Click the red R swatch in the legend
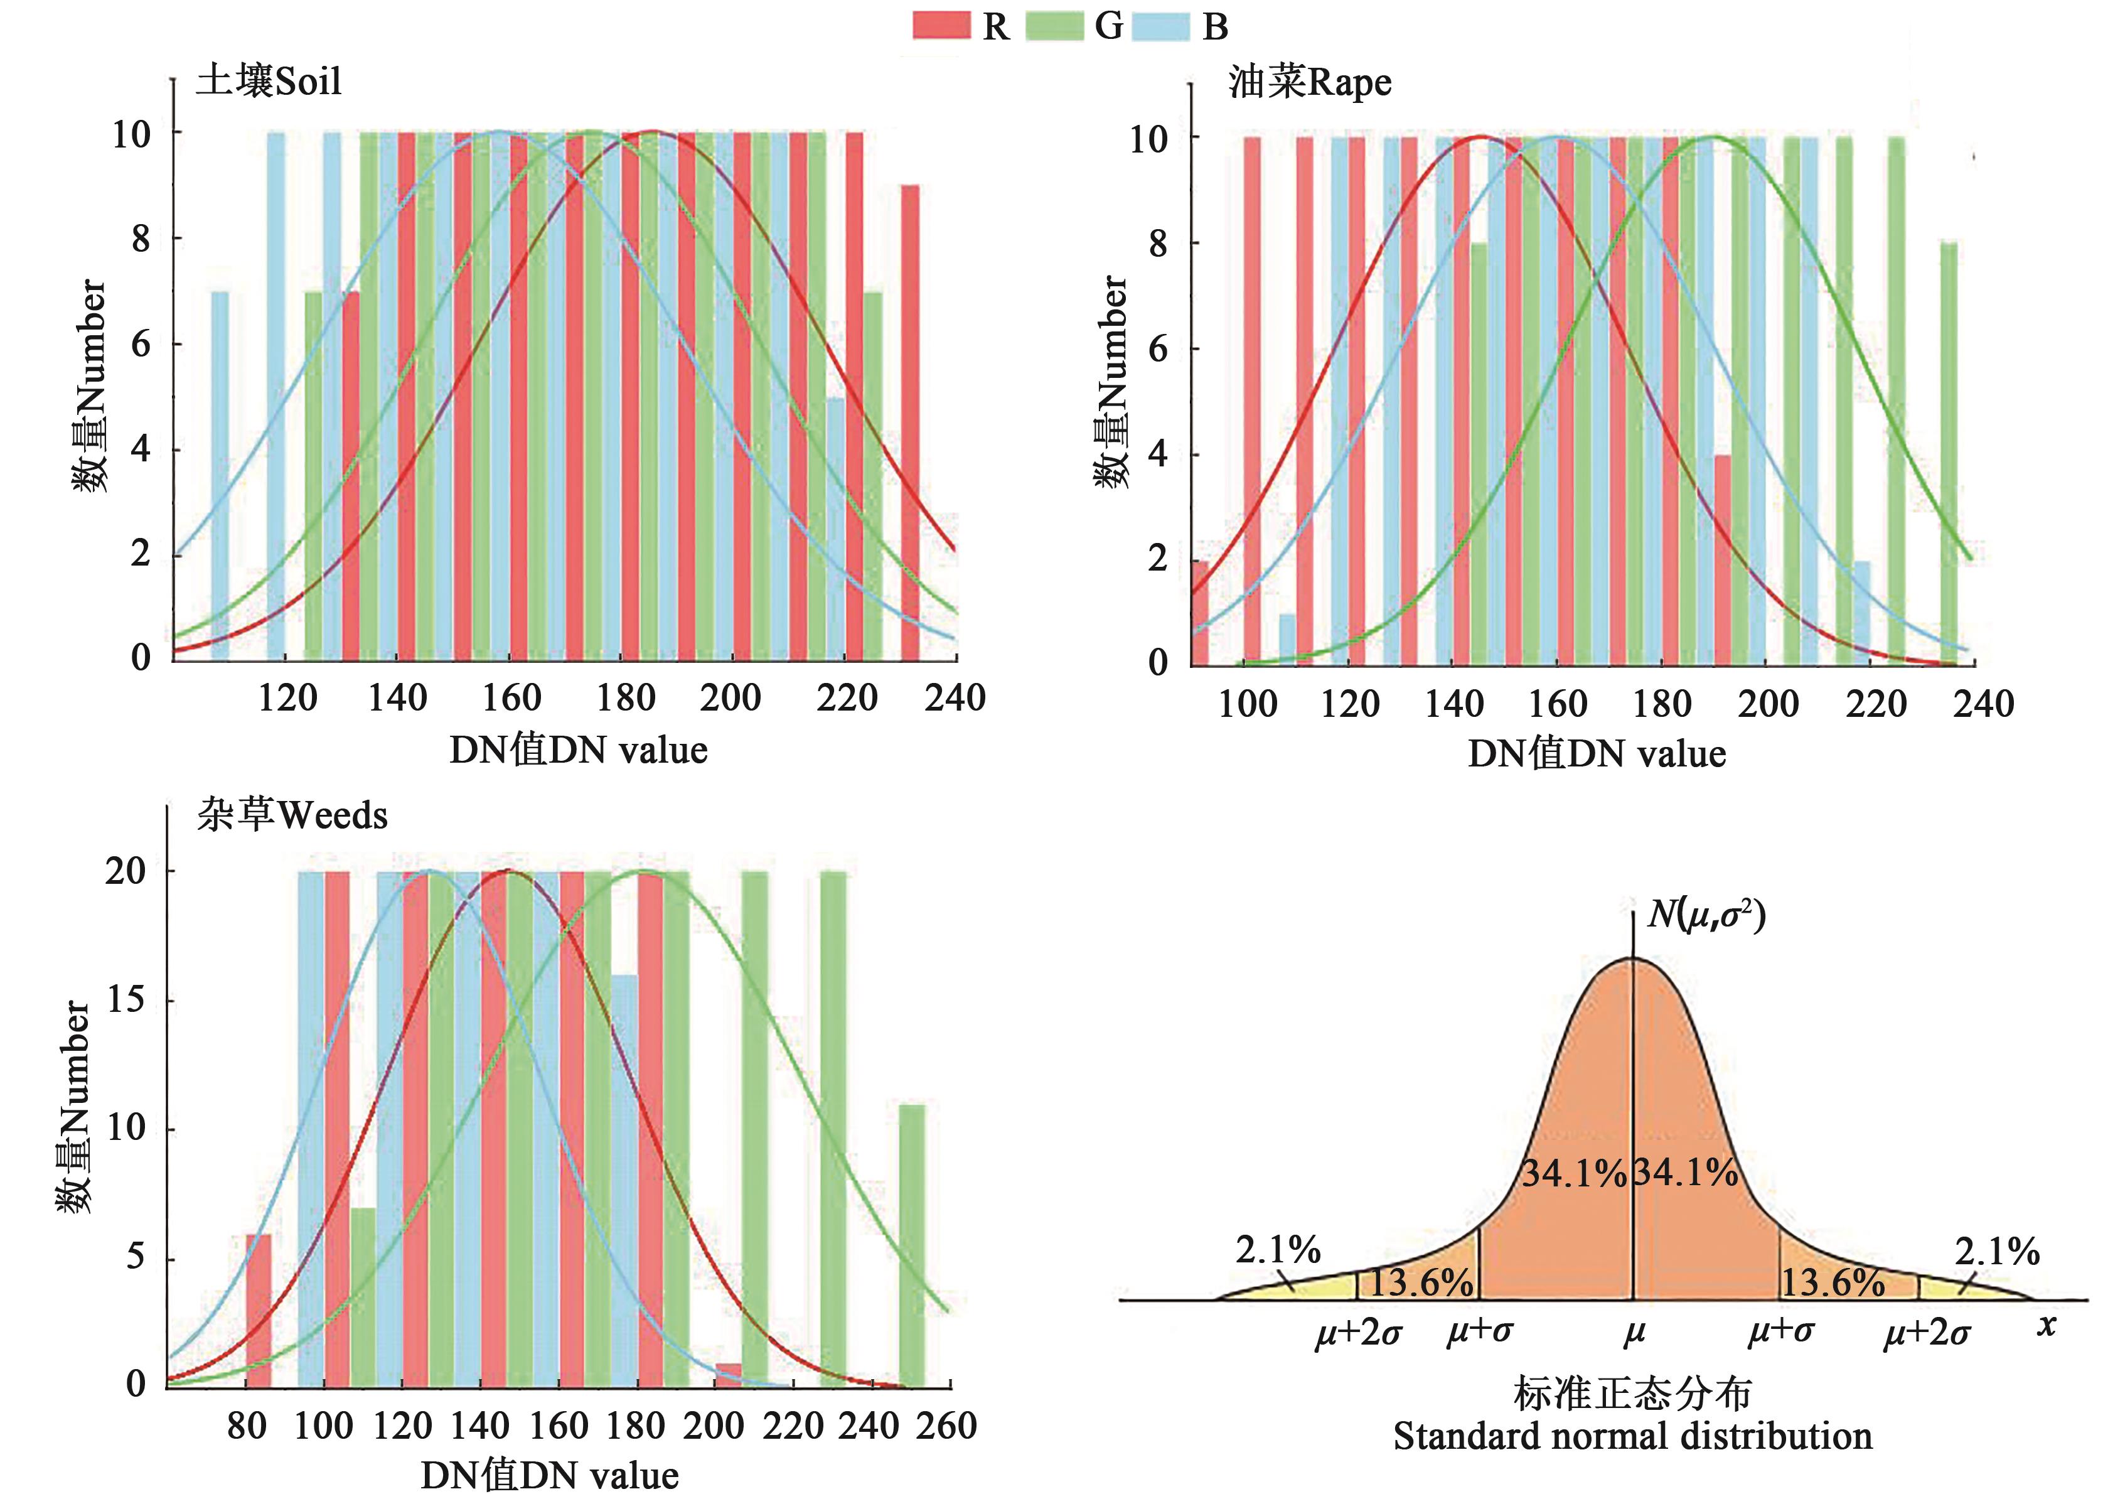point(941,25)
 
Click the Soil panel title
point(269,81)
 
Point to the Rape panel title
point(1309,83)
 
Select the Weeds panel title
point(291,815)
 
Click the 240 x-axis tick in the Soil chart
point(955,698)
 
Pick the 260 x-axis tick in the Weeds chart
point(947,1426)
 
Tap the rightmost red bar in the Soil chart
point(909,421)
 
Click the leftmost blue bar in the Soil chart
point(220,475)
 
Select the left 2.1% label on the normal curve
point(1277,1250)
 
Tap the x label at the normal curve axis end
point(2045,1326)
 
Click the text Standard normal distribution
point(1632,1436)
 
